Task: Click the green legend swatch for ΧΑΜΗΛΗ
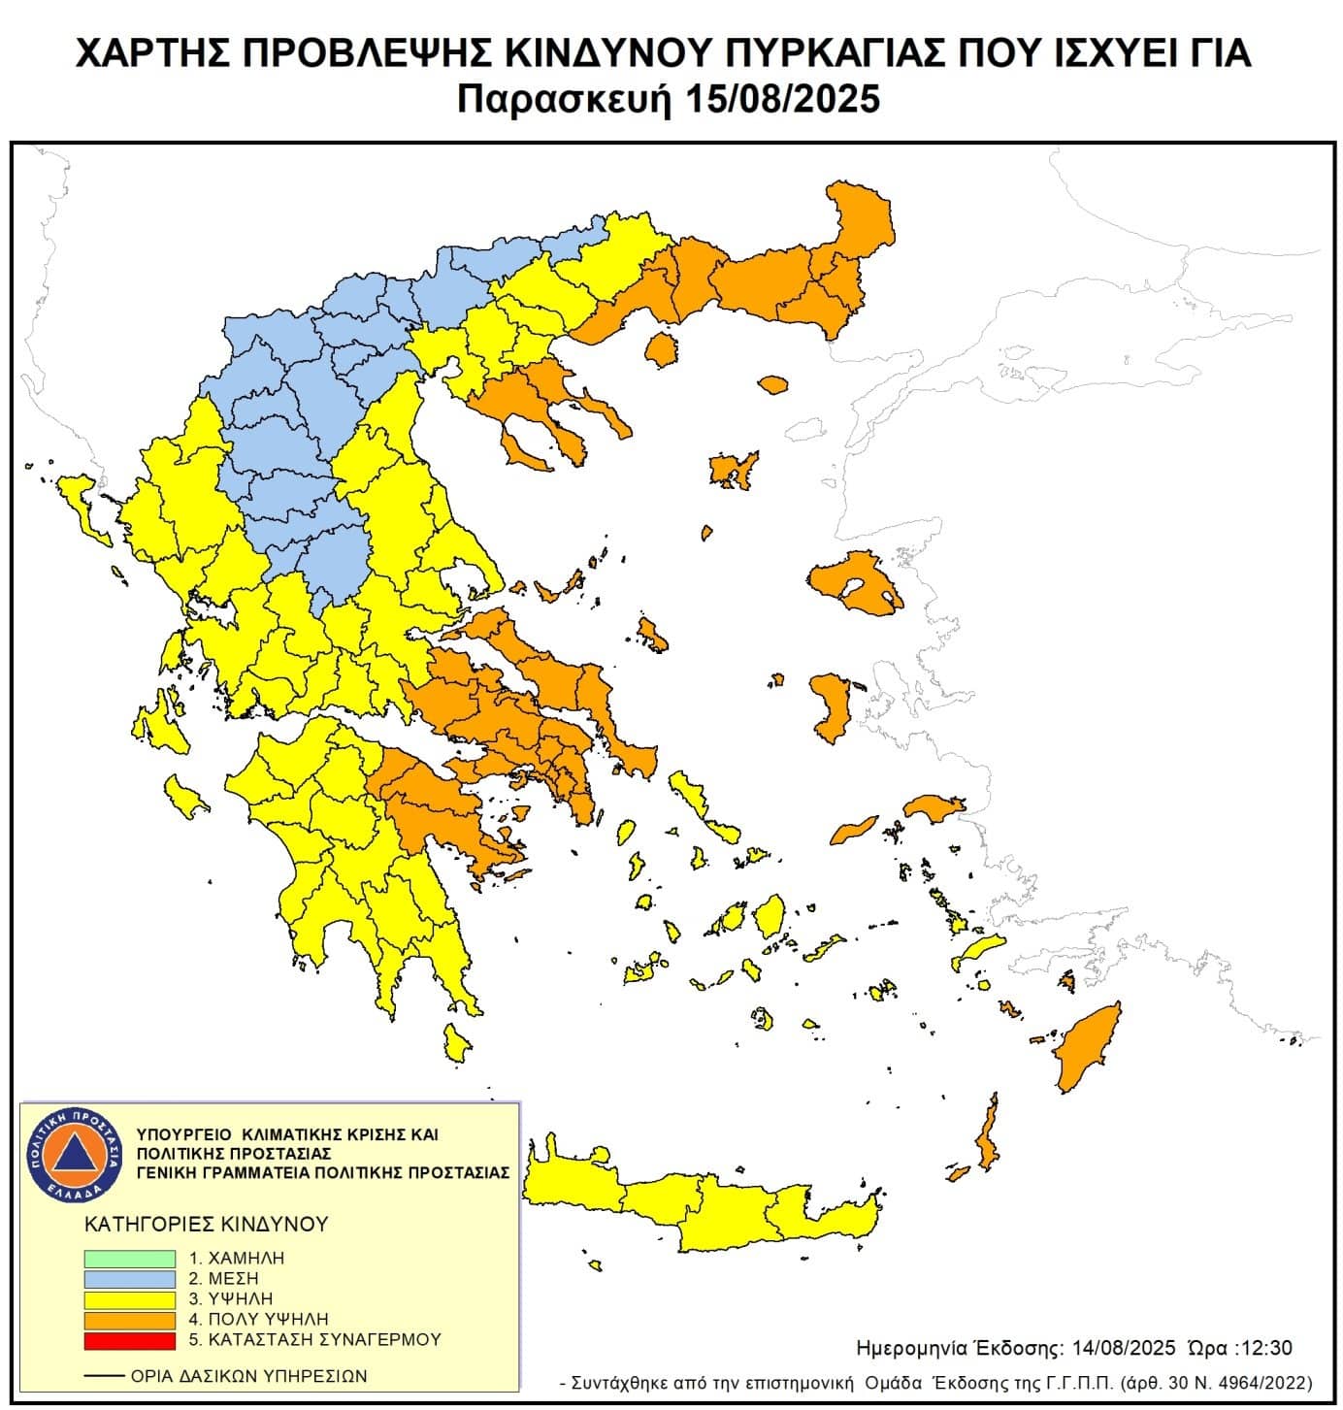129,1258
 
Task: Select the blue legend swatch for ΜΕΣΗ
129,1278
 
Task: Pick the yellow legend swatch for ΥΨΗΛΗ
129,1298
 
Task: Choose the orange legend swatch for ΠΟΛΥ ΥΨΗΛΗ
129,1320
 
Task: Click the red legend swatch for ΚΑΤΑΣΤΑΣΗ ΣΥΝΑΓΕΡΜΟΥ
129,1340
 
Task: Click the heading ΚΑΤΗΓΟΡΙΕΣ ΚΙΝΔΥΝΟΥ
207,1224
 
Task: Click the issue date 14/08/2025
1124,1348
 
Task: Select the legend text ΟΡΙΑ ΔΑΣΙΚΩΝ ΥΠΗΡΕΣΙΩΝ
248,1376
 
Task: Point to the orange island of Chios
830,706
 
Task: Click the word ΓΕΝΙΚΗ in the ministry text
167,1172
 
